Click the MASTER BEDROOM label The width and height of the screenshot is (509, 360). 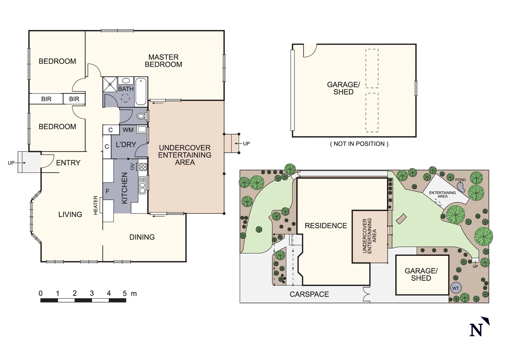(163, 61)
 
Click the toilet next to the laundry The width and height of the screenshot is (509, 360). (141, 116)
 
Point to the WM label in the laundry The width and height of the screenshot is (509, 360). (128, 130)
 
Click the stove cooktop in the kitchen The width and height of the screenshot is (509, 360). (143, 167)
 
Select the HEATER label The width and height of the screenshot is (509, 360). (96, 205)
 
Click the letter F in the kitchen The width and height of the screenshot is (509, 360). (107, 191)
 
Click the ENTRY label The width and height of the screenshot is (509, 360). (68, 163)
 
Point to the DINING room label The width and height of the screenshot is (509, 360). (142, 237)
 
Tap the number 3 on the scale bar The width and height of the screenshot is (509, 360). (92, 293)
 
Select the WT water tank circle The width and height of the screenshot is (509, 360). (455, 288)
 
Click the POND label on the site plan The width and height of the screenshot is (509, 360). (460, 180)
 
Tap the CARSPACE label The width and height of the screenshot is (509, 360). (309, 294)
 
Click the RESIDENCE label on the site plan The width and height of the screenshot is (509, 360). (325, 226)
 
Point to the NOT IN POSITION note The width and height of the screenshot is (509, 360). (359, 144)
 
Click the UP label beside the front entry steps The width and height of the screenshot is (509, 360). (11, 163)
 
